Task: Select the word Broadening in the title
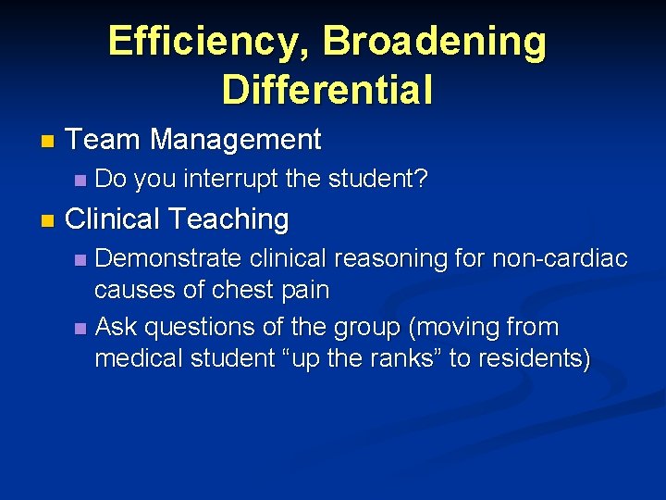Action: (434, 42)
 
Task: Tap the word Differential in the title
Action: (327, 90)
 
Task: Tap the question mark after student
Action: (422, 179)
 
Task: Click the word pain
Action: (305, 291)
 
